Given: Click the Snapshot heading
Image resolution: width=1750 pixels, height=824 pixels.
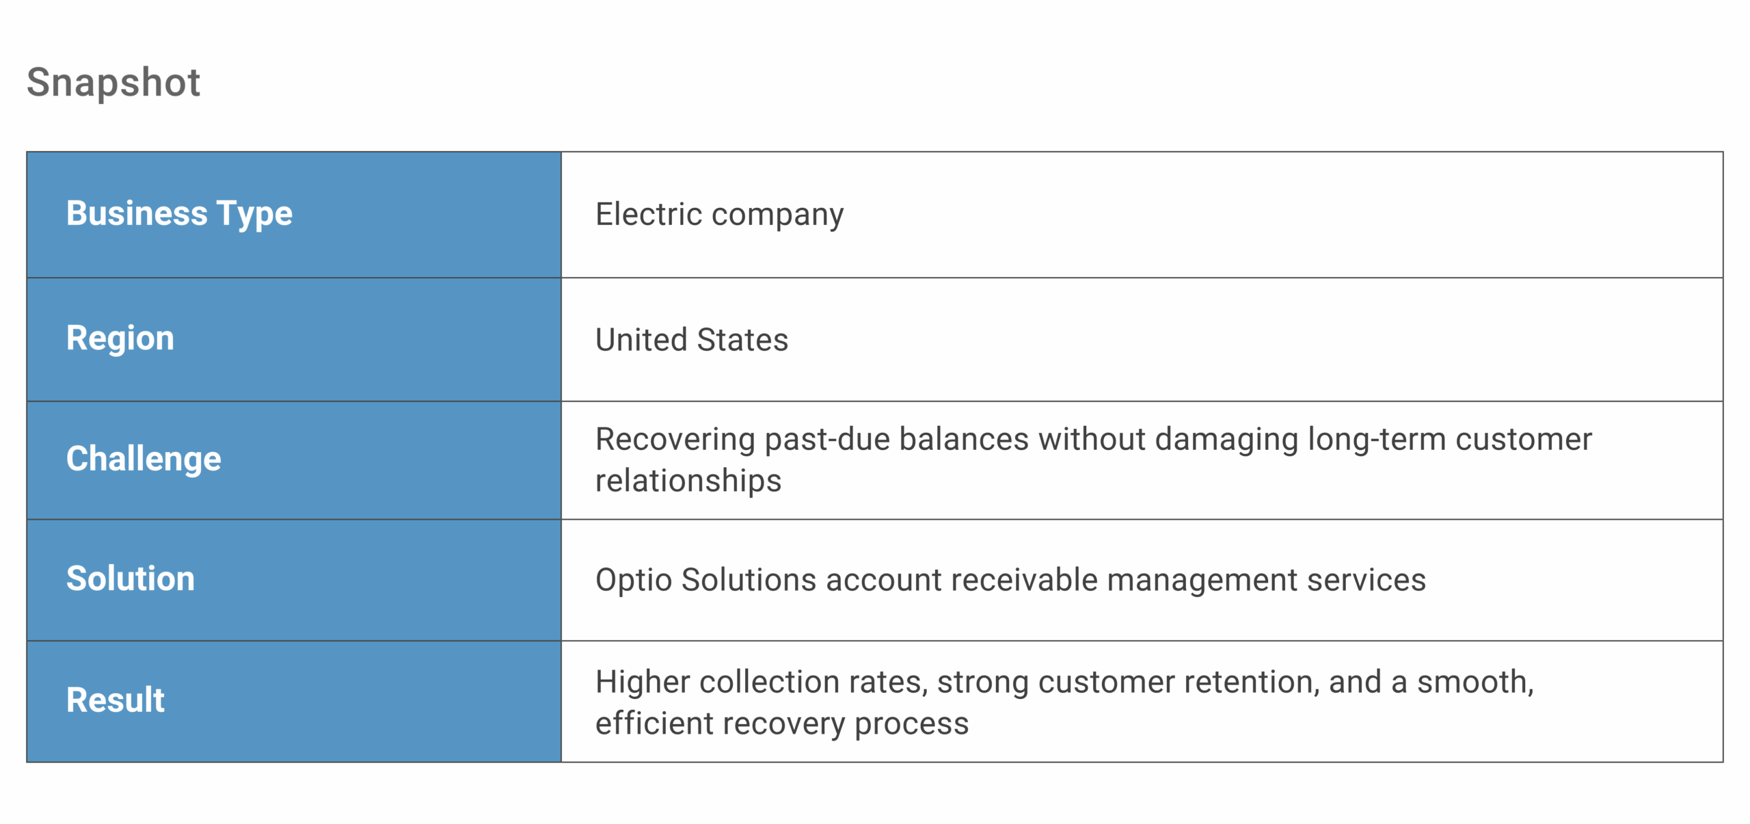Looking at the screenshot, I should point(113,83).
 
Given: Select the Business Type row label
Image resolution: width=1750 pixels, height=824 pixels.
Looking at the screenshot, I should point(179,213).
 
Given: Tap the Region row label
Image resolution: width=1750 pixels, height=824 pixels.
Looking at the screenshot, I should point(120,338).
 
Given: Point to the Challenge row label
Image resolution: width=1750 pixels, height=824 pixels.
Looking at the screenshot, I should point(144,458).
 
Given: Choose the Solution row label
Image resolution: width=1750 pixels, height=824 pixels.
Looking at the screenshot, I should point(131,579).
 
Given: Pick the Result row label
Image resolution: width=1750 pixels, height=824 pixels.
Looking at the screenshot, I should point(116,700).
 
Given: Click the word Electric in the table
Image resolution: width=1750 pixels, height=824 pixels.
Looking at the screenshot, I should point(649,214).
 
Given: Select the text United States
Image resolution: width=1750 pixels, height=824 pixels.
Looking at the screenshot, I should point(692,340).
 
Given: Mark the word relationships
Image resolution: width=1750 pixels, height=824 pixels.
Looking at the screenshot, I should point(688,481).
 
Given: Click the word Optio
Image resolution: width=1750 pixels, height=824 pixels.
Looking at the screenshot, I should point(634,580).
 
